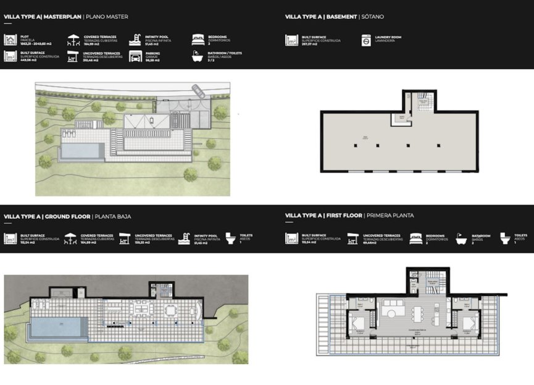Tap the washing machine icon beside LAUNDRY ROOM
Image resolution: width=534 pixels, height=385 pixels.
(366, 40)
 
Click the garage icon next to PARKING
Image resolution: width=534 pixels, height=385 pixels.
(135, 56)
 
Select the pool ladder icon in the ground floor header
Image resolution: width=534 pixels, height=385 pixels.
(186, 239)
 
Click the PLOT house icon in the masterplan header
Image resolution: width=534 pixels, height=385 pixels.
(10, 40)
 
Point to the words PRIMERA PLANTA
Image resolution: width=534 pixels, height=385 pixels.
(390, 216)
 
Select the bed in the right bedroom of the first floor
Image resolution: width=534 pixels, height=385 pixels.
(469, 321)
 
